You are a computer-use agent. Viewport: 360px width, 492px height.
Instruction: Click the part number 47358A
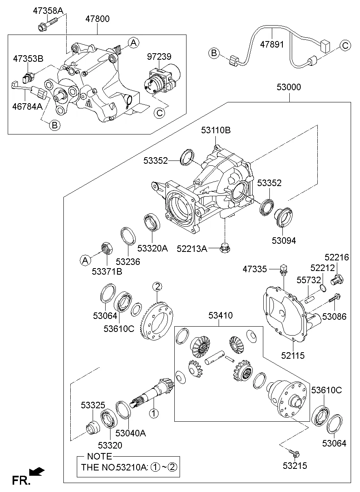[x=48, y=11]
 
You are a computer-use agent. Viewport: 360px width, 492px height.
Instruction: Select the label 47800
[x=97, y=19]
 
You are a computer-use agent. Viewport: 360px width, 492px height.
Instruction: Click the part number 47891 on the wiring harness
[x=272, y=45]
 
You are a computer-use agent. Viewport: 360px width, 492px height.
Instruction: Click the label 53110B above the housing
[x=215, y=130]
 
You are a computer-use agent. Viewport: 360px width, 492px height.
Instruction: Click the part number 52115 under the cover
[x=293, y=355]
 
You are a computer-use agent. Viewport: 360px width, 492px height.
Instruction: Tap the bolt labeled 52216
[x=337, y=280]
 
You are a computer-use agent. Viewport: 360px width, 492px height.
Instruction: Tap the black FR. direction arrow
[x=37, y=471]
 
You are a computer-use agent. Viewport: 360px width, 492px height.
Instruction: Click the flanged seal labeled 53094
[x=284, y=215]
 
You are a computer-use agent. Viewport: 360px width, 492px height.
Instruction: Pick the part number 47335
[x=255, y=269]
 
